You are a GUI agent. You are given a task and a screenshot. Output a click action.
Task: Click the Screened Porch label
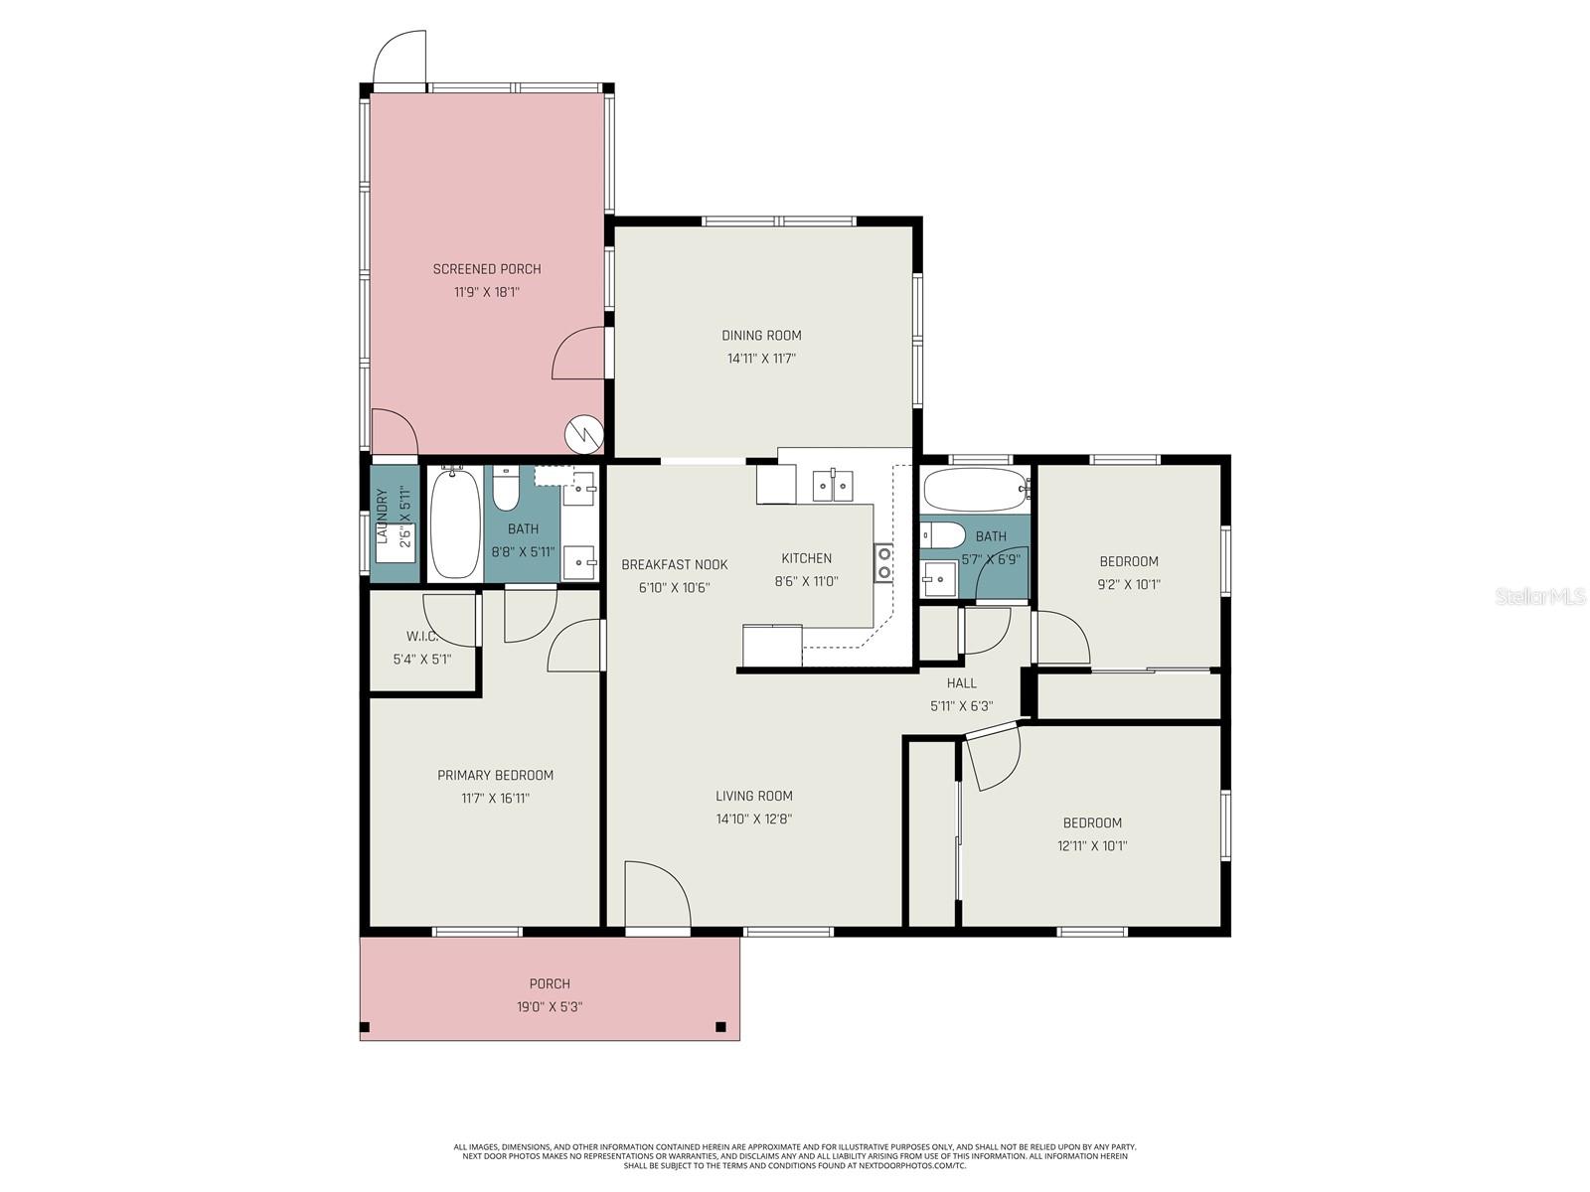[487, 269]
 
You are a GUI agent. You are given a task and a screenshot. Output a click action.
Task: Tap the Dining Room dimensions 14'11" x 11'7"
[761, 359]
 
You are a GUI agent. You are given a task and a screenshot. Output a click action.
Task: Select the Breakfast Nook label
[674, 564]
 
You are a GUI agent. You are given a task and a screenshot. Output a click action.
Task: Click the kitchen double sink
[833, 486]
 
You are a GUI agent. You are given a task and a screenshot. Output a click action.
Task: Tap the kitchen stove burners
[883, 562]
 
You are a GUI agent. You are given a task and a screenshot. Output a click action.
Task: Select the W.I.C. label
[421, 636]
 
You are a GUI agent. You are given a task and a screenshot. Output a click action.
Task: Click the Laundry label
[382, 517]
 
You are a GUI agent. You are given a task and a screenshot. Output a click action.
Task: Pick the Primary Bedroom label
[495, 775]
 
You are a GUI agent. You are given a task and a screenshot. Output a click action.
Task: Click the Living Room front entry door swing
[656, 894]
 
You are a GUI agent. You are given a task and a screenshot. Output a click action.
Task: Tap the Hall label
[961, 683]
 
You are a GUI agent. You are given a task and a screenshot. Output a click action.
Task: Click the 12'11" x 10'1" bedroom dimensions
[1092, 846]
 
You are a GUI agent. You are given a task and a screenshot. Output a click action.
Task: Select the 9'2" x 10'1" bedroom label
[1128, 561]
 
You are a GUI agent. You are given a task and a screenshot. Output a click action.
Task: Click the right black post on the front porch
[720, 1027]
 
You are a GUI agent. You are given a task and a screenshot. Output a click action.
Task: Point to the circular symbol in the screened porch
[583, 433]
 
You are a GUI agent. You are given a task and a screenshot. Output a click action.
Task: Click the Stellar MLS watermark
[1540, 597]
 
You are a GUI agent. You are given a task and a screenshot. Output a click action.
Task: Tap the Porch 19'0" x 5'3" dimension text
[550, 1006]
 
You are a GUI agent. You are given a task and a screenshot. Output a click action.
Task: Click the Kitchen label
[806, 558]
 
